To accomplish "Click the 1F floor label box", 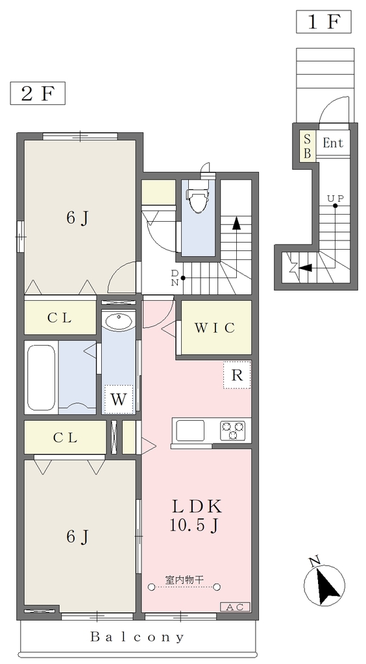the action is tap(324, 22).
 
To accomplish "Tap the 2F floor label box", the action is tap(38, 93).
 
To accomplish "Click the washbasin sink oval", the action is tap(119, 322).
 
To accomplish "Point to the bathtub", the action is tap(41, 377).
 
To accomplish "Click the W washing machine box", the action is tap(119, 399).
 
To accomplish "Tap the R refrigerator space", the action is tap(237, 375).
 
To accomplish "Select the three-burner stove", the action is tap(232, 431).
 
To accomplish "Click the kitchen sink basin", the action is tap(190, 431).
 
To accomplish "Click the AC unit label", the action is tap(235, 607).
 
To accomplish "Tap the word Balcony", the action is tap(138, 637).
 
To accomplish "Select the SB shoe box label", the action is tap(308, 145).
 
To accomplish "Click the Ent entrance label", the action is tap(333, 143).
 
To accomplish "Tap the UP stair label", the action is tap(335, 198).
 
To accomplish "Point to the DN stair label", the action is tap(175, 278).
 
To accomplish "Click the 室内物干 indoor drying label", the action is tap(184, 580).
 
